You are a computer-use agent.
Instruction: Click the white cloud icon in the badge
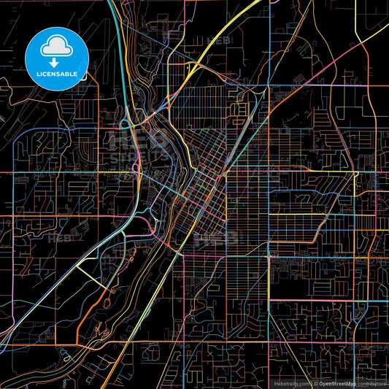pyautogui.click(x=55, y=47)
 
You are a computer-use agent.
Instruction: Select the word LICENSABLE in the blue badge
pyautogui.click(x=55, y=74)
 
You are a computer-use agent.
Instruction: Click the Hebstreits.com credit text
pyautogui.click(x=291, y=382)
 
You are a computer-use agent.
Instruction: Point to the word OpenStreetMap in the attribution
pyautogui.click(x=336, y=382)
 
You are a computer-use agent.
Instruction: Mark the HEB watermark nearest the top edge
pyautogui.click(x=217, y=41)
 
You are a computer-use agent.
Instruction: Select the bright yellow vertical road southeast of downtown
pyautogui.click(x=269, y=277)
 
